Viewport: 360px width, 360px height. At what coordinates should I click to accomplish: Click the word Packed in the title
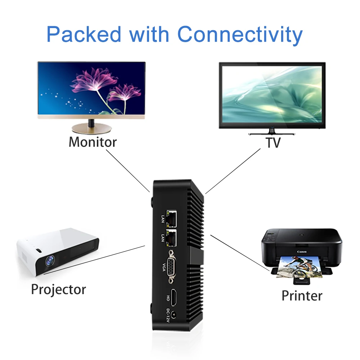click(x=84, y=35)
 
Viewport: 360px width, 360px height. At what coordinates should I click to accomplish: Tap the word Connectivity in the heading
click(x=240, y=35)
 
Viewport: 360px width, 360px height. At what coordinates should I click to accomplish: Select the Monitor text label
click(x=93, y=142)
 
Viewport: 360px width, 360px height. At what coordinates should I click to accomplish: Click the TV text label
click(x=273, y=143)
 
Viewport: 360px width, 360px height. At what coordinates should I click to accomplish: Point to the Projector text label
click(x=58, y=289)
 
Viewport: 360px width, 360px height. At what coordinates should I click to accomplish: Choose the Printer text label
click(x=302, y=296)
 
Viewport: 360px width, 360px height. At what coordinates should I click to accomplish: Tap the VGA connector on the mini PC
click(x=171, y=268)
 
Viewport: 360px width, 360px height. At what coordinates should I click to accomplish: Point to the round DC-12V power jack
click(x=174, y=315)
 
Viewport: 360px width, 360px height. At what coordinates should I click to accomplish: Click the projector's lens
click(x=50, y=262)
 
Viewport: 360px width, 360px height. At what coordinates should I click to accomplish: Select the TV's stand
click(x=272, y=132)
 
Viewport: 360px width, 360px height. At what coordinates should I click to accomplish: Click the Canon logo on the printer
click(x=301, y=252)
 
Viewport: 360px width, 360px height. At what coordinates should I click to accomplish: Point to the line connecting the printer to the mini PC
click(x=239, y=252)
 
